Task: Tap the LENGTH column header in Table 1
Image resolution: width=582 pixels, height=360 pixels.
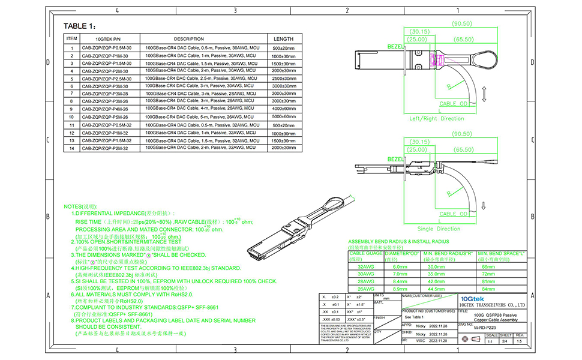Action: tap(284, 38)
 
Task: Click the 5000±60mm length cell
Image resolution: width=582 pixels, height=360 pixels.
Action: tap(284, 117)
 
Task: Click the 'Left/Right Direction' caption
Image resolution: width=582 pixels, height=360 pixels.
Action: tap(436, 118)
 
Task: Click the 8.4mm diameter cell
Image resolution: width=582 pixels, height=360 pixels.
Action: tap(401, 281)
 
